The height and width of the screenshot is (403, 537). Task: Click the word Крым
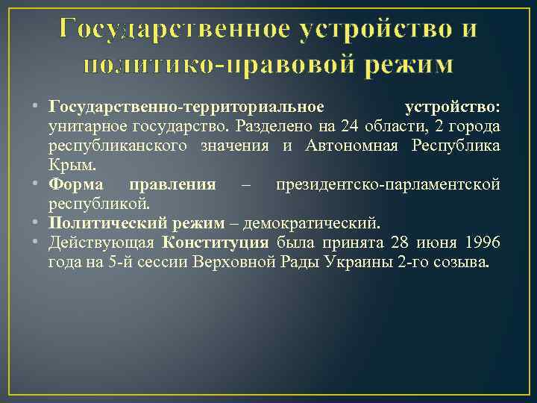67,163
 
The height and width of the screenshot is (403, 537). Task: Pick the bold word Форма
77,184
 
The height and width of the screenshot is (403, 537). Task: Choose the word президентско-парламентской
387,184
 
